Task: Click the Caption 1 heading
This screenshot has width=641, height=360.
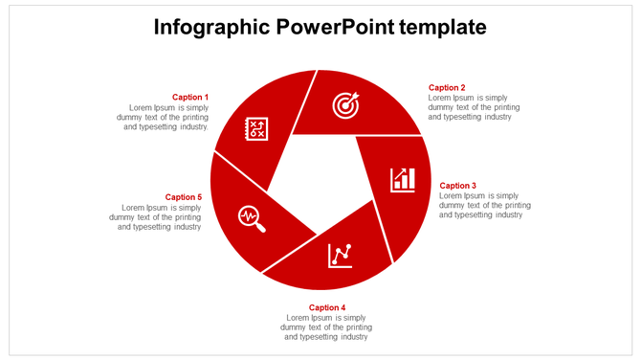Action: click(x=189, y=97)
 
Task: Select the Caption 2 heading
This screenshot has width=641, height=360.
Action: click(x=447, y=88)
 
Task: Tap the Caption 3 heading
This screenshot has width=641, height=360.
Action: click(x=457, y=186)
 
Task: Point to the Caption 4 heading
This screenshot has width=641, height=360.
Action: click(x=327, y=307)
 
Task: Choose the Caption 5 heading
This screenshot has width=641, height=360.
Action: click(x=183, y=197)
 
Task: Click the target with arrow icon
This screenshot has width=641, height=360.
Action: click(x=345, y=104)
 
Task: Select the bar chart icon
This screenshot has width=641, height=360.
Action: click(x=403, y=179)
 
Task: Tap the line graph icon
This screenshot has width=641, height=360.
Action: click(x=340, y=255)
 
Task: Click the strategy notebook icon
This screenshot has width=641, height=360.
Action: click(x=256, y=128)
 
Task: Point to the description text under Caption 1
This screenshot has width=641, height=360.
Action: click(x=167, y=117)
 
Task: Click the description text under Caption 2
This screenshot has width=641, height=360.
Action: click(x=474, y=107)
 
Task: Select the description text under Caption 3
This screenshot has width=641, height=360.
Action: click(x=484, y=205)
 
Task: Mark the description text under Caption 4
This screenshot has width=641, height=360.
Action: click(x=326, y=326)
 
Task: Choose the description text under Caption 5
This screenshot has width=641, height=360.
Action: click(x=156, y=217)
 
